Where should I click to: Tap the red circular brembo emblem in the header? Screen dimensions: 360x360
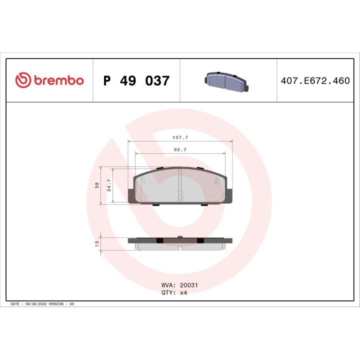(23, 80)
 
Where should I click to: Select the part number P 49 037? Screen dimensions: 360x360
(136, 80)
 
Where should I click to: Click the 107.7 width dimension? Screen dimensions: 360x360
(180, 136)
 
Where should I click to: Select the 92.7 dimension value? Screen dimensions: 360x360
(180, 149)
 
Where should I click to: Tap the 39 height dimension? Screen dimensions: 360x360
(97, 185)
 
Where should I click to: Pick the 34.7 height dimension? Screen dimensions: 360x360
(109, 185)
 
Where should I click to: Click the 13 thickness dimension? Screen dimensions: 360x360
(97, 243)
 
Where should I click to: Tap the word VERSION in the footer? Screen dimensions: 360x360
(59, 304)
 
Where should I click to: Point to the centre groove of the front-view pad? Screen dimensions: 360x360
(179, 185)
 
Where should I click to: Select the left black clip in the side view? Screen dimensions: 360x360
(159, 241)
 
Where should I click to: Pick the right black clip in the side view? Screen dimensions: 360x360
(200, 241)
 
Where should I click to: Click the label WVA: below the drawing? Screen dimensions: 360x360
(167, 285)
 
